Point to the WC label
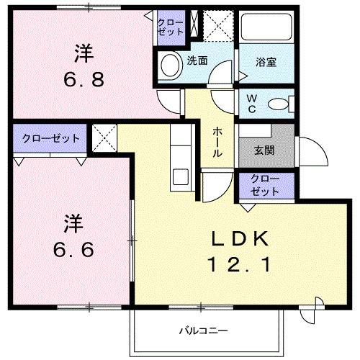[x=253, y=102]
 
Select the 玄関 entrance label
[x=264, y=151]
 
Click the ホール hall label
[x=217, y=143]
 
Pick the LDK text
[x=240, y=238]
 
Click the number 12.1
[x=240, y=265]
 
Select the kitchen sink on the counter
[x=179, y=175]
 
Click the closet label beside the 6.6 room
[x=50, y=137]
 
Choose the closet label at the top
[x=170, y=27]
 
